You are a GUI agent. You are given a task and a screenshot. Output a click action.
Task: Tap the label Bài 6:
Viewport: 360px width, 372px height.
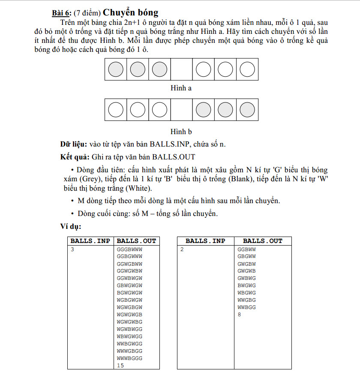62,13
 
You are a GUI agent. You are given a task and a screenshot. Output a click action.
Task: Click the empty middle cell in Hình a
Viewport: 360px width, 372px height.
181,69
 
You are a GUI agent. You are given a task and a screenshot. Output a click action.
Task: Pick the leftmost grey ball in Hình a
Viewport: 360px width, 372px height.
116,69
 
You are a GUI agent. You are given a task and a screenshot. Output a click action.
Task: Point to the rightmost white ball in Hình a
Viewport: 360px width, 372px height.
247,69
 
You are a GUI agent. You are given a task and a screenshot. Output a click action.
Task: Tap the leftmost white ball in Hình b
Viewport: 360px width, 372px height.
116,110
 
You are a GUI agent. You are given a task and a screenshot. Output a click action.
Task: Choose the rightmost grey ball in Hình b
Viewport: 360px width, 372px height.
247,110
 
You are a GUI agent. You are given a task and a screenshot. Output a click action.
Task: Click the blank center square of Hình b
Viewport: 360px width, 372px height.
181,110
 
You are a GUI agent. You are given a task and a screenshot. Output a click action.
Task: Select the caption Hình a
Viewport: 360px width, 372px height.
181,88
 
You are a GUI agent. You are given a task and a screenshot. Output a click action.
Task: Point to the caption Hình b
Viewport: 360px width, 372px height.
181,132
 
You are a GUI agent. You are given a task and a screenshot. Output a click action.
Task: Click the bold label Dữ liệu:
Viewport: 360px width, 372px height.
74,144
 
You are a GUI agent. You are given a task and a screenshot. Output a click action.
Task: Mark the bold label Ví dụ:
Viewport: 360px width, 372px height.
71,226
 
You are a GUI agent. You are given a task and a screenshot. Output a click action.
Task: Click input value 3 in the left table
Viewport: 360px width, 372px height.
72,249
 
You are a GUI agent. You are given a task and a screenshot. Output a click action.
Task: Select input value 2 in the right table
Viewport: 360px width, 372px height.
182,249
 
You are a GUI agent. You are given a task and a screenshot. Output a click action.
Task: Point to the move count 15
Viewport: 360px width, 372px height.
120,365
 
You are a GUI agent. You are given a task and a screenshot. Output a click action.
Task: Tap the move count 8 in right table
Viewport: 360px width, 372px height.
239,315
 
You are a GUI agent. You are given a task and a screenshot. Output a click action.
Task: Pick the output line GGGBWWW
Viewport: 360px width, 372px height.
129,249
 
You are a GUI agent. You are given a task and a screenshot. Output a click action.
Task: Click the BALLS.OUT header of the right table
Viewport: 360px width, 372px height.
263,241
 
